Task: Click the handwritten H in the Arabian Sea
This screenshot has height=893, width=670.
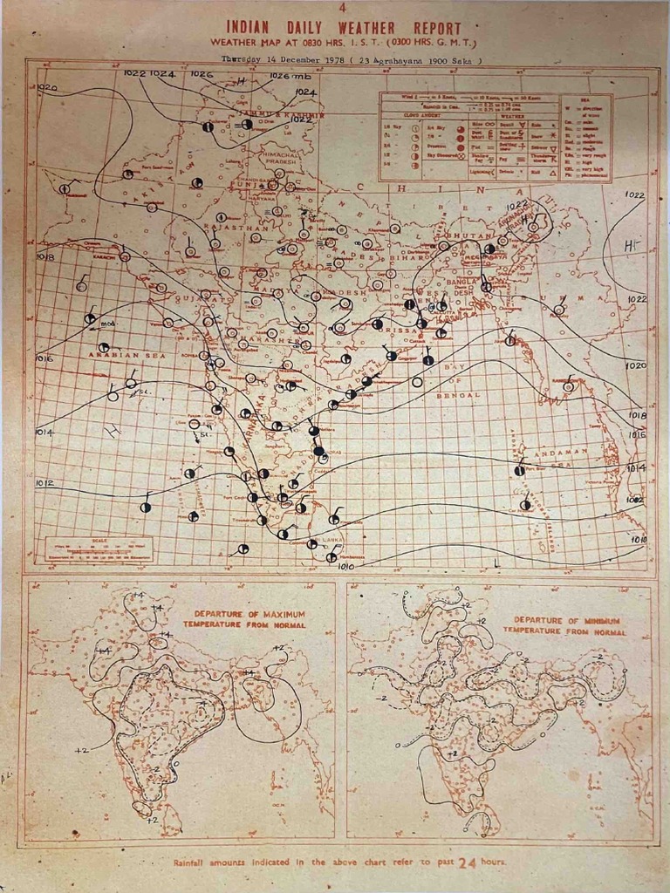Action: pyautogui.click(x=111, y=431)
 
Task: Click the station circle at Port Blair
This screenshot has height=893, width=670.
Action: pyautogui.click(x=519, y=471)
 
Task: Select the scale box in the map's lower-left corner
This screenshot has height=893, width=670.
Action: pyautogui.click(x=99, y=549)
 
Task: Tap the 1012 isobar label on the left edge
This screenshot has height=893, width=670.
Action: pyautogui.click(x=44, y=483)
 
